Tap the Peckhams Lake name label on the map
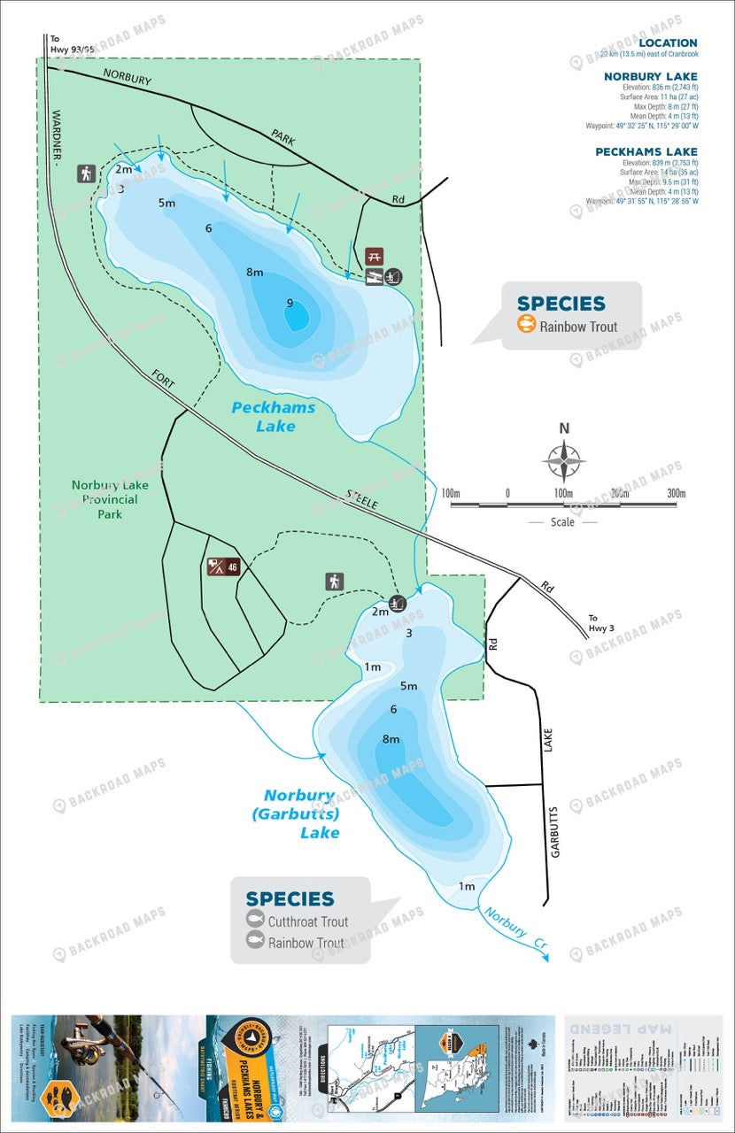(x=263, y=416)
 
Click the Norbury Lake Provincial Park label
(x=110, y=499)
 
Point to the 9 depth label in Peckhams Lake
(x=290, y=303)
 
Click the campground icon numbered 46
(x=223, y=566)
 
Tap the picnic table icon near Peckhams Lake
(x=375, y=256)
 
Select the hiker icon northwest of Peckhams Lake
(x=86, y=173)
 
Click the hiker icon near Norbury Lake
(x=334, y=581)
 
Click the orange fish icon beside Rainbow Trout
(x=527, y=325)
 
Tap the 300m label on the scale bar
(x=677, y=493)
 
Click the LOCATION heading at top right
(x=668, y=42)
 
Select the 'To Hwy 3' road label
(x=600, y=623)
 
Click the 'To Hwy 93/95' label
(x=67, y=43)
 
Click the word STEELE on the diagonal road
(x=362, y=500)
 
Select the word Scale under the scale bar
(x=562, y=522)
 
